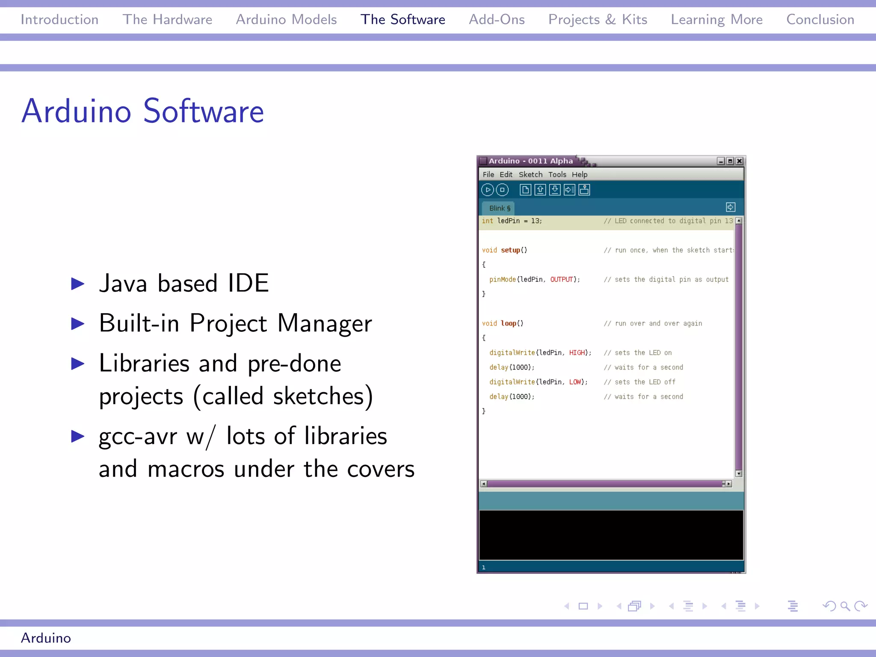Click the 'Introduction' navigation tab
[59, 20]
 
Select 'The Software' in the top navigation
[402, 20]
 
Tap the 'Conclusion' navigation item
[820, 20]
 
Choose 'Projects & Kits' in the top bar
[598, 20]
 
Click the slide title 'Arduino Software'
[143, 111]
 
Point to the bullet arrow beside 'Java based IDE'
[77, 284]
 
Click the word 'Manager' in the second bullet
[325, 323]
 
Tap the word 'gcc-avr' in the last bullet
[138, 436]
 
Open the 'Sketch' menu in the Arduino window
[530, 175]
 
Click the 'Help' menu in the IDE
[580, 175]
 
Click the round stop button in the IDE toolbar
[502, 189]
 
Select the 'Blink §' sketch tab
[500, 208]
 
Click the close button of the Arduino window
[739, 161]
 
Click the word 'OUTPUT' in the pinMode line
[562, 279]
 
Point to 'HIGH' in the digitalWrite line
[577, 352]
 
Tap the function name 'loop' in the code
[509, 323]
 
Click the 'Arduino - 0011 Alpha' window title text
[530, 161]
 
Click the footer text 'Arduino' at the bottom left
[46, 638]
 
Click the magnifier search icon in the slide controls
[844, 606]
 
